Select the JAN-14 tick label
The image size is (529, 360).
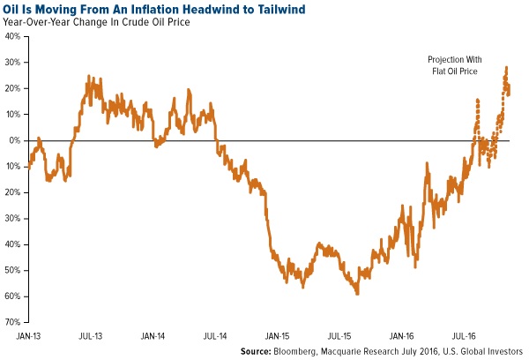153,336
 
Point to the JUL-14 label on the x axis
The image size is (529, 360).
216,336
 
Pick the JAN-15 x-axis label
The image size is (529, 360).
279,336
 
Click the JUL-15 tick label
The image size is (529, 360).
340,336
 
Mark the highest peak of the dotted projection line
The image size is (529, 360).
506,67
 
